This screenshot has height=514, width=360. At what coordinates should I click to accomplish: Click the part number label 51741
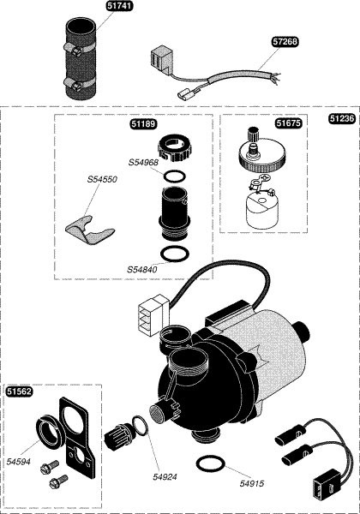pyautogui.click(x=119, y=6)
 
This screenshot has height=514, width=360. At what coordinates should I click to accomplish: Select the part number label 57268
pyautogui.click(x=285, y=42)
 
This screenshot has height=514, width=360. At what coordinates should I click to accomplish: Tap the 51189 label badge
pyautogui.click(x=144, y=124)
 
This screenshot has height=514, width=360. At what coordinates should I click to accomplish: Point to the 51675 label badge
pyautogui.click(x=288, y=123)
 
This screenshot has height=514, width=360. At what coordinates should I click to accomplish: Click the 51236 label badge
pyautogui.click(x=342, y=118)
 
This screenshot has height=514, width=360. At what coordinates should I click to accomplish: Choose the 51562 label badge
pyautogui.click(x=20, y=391)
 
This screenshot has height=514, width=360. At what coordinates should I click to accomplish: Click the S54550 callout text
pyautogui.click(x=102, y=180)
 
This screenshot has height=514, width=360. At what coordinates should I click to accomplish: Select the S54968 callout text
pyautogui.click(x=143, y=162)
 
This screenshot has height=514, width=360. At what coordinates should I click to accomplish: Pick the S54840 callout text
pyautogui.click(x=142, y=270)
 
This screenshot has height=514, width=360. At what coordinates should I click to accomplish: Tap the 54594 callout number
pyautogui.click(x=18, y=462)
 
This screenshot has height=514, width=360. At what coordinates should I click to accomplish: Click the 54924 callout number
pyautogui.click(x=165, y=477)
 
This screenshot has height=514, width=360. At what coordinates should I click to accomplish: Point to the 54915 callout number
pyautogui.click(x=252, y=483)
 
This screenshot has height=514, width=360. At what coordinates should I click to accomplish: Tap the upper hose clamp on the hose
pyautogui.click(x=78, y=49)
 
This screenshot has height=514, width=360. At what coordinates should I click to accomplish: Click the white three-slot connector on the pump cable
pyautogui.click(x=153, y=315)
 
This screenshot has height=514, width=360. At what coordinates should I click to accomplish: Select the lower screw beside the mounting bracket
pyautogui.click(x=58, y=481)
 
